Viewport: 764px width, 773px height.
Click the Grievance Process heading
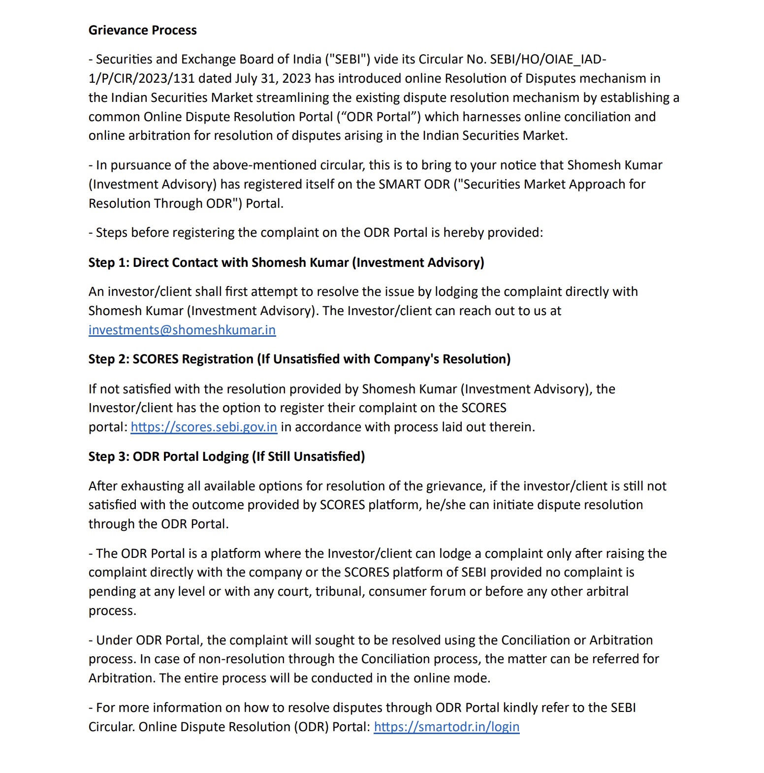142,31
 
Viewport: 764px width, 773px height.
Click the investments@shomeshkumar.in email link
182,330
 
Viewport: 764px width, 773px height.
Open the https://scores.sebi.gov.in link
204,427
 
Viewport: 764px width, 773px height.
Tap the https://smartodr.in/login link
446,727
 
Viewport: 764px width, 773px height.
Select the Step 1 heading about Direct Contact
286,262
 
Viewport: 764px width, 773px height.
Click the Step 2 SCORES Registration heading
299,359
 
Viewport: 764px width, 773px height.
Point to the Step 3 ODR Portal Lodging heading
226,456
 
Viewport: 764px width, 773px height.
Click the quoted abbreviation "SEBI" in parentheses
348,59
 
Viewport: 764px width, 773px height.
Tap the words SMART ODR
414,184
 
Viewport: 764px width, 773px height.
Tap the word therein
512,427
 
